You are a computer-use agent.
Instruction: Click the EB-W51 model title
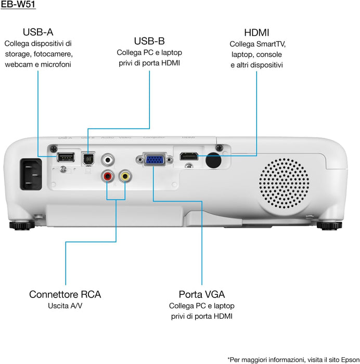(x=18, y=6)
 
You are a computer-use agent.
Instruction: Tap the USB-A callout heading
(x=38, y=32)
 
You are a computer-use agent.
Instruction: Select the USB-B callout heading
(x=149, y=41)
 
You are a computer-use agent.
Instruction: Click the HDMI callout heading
(x=256, y=32)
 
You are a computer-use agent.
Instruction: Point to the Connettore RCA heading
(x=65, y=294)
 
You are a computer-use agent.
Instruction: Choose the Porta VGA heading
(x=202, y=294)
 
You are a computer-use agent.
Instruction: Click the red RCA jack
(x=108, y=176)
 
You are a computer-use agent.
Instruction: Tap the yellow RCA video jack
(x=125, y=176)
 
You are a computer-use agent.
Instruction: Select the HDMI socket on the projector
(x=189, y=156)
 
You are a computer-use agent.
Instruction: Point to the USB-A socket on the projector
(x=65, y=157)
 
